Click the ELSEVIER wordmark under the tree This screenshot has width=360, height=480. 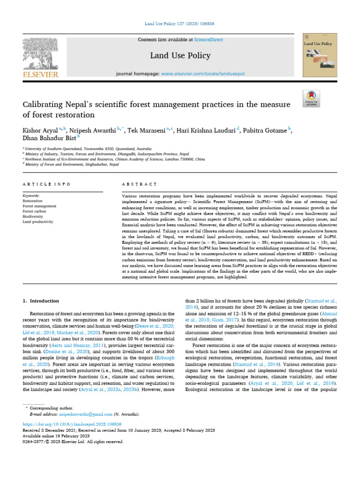(40, 75)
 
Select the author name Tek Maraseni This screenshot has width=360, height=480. (146, 130)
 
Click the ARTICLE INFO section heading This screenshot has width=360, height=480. (47, 184)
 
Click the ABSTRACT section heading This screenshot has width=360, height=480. (139, 184)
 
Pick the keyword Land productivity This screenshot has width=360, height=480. (38, 222)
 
